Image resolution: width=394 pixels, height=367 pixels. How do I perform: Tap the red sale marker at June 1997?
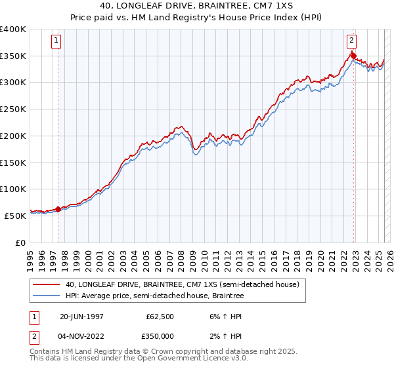(x=58, y=209)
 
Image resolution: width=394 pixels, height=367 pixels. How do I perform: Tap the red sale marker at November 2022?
(x=353, y=56)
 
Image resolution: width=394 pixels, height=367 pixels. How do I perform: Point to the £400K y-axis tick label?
(x=13, y=29)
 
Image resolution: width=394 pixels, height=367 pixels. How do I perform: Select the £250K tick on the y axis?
(x=13, y=109)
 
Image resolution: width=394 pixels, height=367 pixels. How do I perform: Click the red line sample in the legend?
(x=46, y=284)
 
